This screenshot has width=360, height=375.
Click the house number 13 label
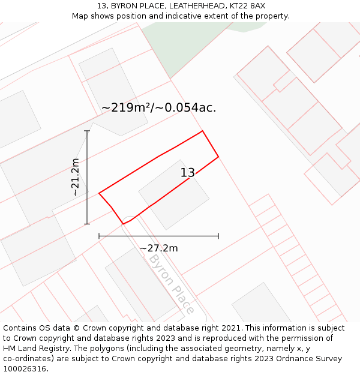[x=188, y=173]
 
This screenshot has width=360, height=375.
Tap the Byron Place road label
[x=172, y=283]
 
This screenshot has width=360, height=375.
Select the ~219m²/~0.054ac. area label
[x=158, y=108]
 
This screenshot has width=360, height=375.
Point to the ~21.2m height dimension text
[x=75, y=177]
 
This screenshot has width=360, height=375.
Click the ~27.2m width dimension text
[x=159, y=248]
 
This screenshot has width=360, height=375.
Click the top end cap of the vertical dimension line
[x=87, y=131]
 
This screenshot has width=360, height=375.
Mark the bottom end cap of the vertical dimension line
[x=87, y=224]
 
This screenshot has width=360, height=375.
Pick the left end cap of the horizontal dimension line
[x=99, y=236]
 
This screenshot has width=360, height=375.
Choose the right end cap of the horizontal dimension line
[x=218, y=236]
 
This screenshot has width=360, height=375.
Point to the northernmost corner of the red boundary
[x=202, y=131]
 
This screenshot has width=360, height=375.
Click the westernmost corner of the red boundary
[x=99, y=193]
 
